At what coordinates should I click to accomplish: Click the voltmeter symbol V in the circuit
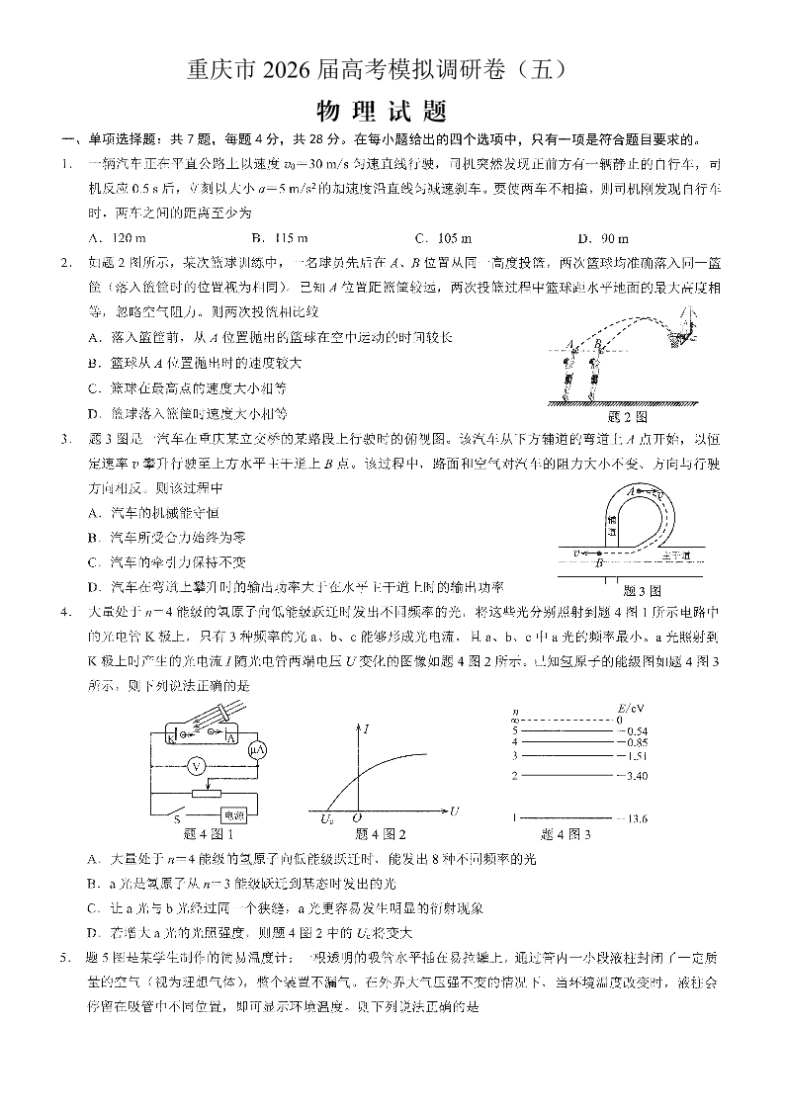(x=196, y=766)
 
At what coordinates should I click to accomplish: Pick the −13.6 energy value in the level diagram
(x=630, y=818)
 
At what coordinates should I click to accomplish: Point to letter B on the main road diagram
(x=599, y=563)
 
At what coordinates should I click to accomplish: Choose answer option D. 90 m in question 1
(x=602, y=238)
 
